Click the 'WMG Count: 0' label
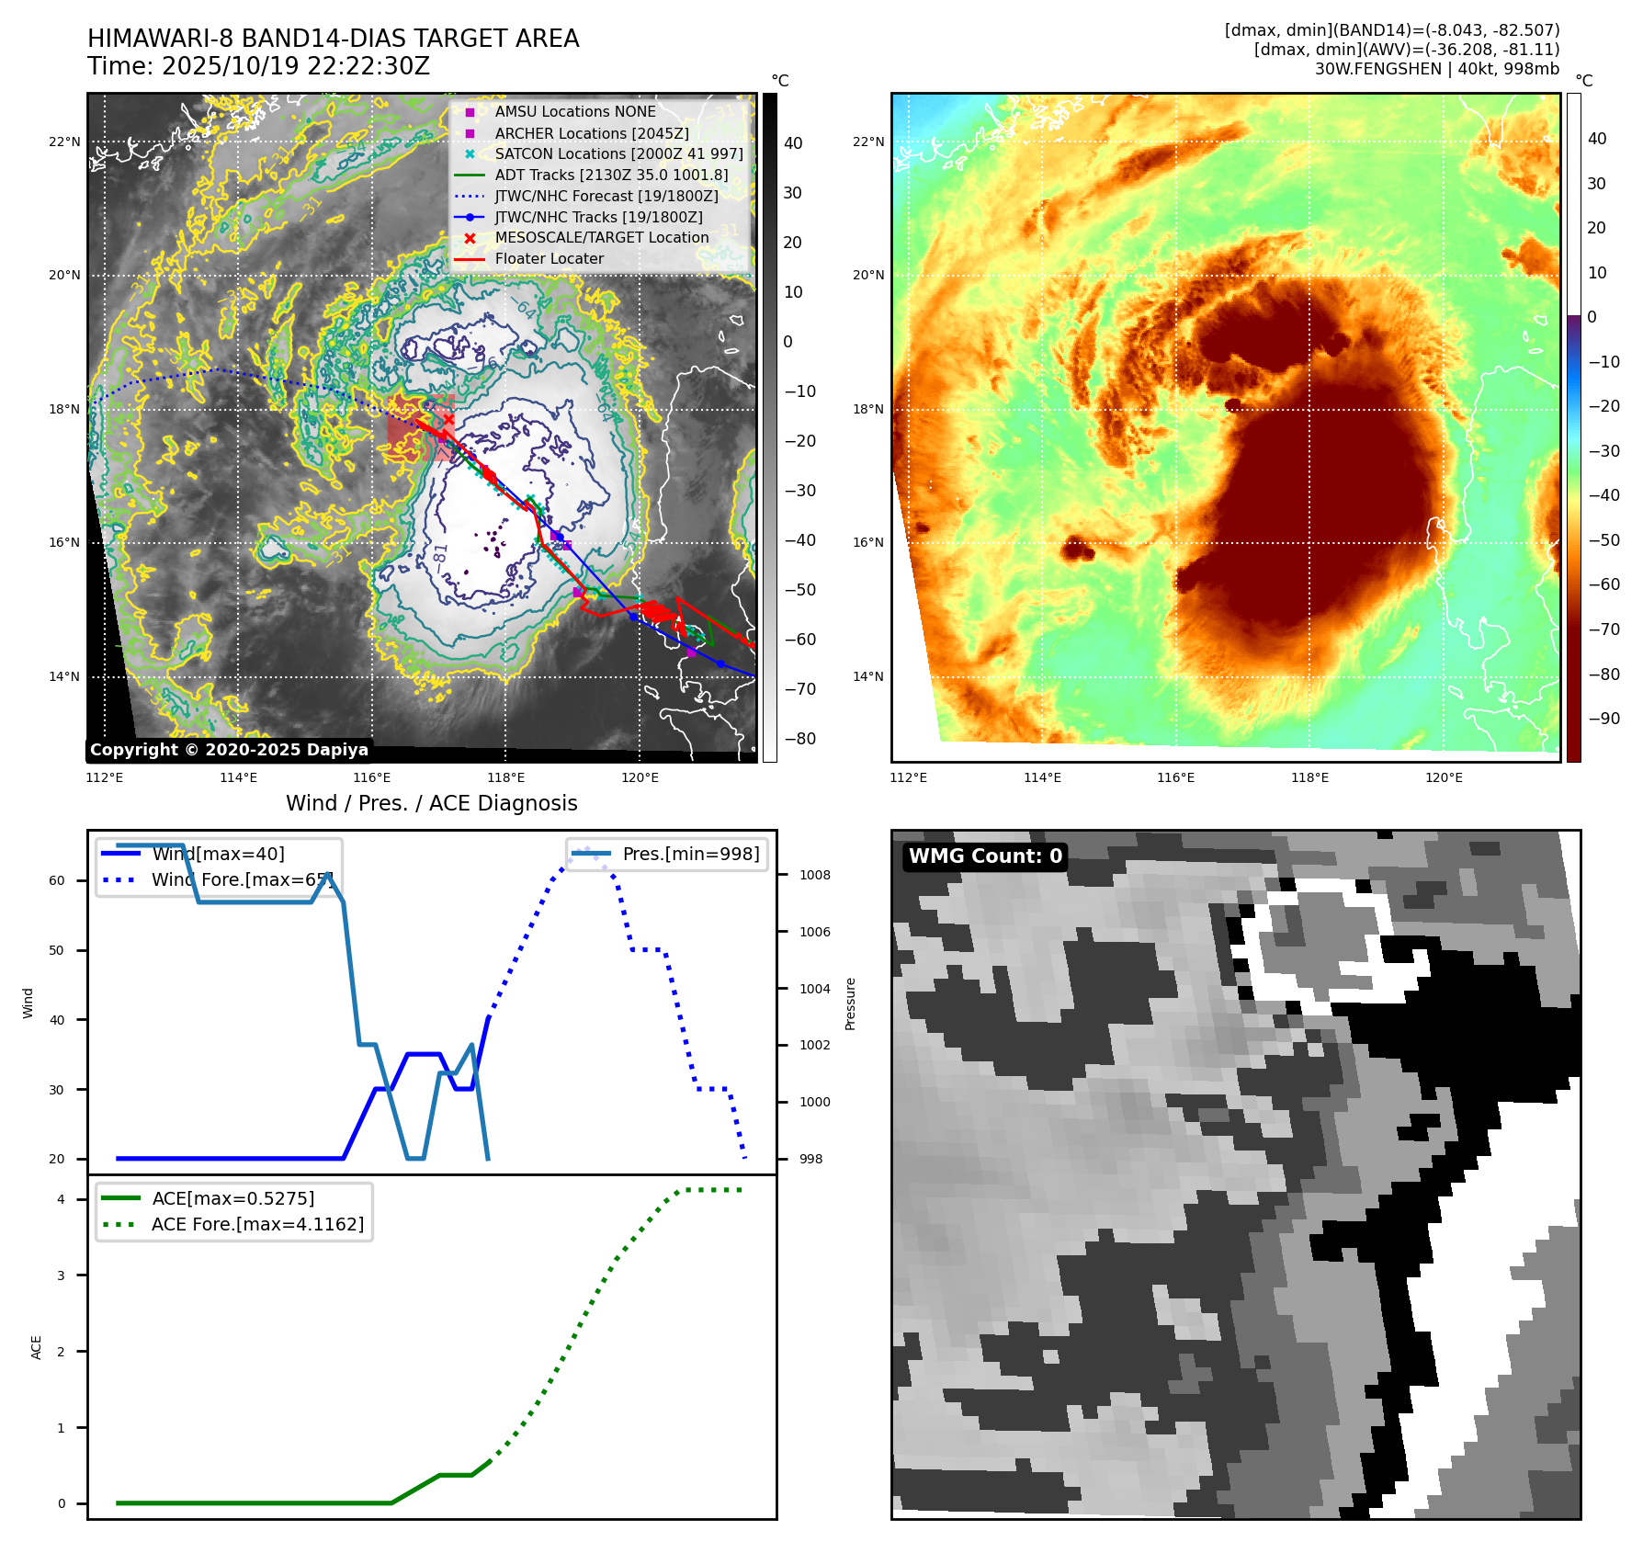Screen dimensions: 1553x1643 click(985, 856)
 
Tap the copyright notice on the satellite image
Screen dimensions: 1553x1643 click(229, 750)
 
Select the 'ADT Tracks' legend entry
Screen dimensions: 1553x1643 click(611, 175)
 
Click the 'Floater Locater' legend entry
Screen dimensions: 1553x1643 click(549, 259)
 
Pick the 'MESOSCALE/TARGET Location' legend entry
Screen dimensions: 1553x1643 click(602, 238)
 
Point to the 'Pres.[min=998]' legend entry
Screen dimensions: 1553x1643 click(690, 855)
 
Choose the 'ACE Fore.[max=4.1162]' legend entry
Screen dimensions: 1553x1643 click(257, 1224)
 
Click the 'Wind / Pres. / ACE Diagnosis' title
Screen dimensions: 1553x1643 click(432, 803)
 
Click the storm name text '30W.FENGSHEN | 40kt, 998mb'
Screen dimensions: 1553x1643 click(1436, 69)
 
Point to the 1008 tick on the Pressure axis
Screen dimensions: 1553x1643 click(814, 876)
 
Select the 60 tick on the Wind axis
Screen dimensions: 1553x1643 click(57, 880)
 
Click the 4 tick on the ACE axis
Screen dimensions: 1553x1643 click(61, 1199)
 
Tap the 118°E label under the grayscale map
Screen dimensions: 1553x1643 click(505, 778)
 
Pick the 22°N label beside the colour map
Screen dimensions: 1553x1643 click(867, 142)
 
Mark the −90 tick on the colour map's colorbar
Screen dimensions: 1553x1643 click(1604, 719)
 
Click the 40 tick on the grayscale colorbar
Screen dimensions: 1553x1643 click(793, 143)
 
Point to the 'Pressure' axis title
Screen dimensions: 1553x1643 click(851, 1003)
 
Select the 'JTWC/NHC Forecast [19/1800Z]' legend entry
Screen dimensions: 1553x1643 click(606, 196)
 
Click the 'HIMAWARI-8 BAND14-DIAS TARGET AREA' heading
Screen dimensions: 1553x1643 click(334, 39)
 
